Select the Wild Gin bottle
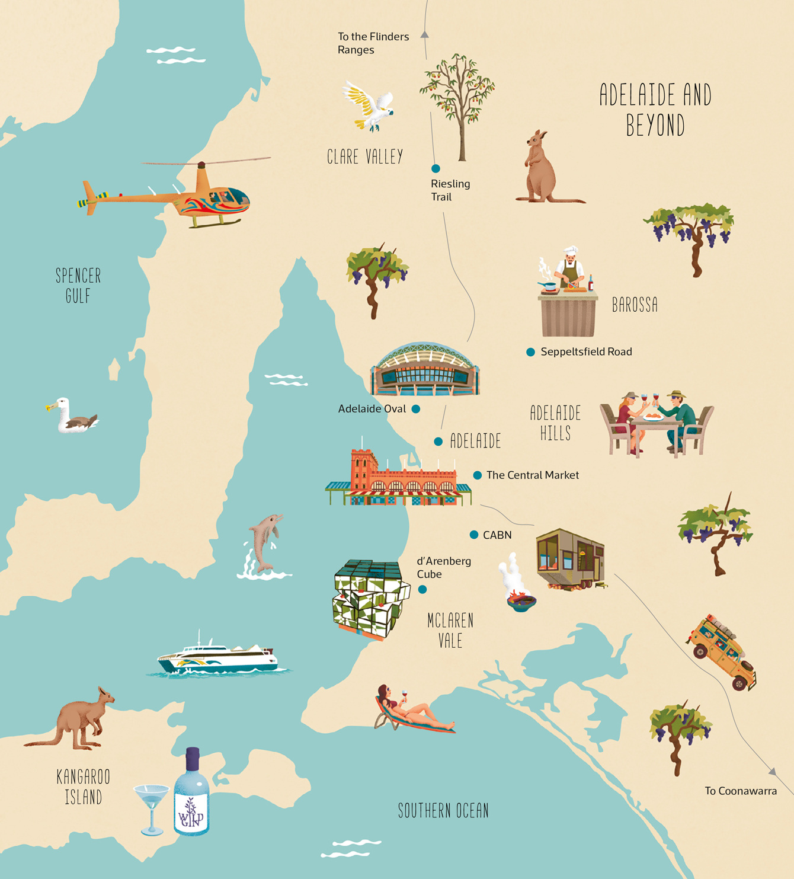(191, 794)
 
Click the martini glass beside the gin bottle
(152, 806)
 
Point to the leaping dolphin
(264, 542)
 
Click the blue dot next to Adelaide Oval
(416, 409)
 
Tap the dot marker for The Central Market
(478, 475)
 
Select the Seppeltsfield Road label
(586, 352)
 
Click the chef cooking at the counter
(569, 270)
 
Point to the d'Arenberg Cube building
(370, 599)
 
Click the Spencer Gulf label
(78, 285)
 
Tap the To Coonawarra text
(741, 791)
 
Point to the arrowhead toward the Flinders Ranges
(425, 35)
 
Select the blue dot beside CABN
(474, 535)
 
